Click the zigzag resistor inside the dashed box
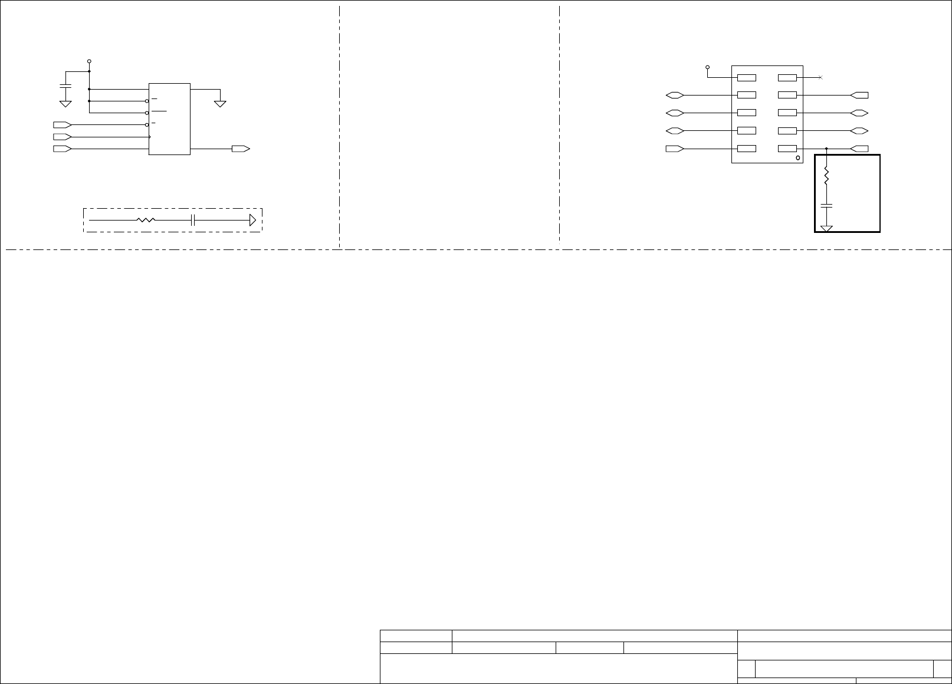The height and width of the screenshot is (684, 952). click(146, 220)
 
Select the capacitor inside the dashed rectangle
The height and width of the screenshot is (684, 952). click(193, 220)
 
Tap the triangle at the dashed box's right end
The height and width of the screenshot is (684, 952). click(252, 220)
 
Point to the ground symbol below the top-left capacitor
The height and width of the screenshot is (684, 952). click(65, 104)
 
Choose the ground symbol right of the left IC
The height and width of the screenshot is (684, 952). click(220, 104)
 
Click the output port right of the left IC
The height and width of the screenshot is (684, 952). click(241, 149)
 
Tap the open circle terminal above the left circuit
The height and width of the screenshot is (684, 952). click(89, 61)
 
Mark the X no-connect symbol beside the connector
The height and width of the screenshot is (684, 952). click(820, 78)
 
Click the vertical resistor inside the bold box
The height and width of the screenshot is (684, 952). click(826, 175)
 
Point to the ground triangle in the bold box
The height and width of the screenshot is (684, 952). click(826, 228)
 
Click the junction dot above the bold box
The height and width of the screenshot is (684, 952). click(826, 149)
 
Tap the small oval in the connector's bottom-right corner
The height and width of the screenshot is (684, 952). click(798, 158)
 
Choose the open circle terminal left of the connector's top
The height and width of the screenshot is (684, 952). click(707, 67)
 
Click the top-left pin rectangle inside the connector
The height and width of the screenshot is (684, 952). click(747, 77)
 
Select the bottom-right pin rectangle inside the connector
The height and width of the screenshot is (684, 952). click(787, 149)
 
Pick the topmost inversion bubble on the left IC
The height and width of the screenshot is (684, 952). click(147, 101)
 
